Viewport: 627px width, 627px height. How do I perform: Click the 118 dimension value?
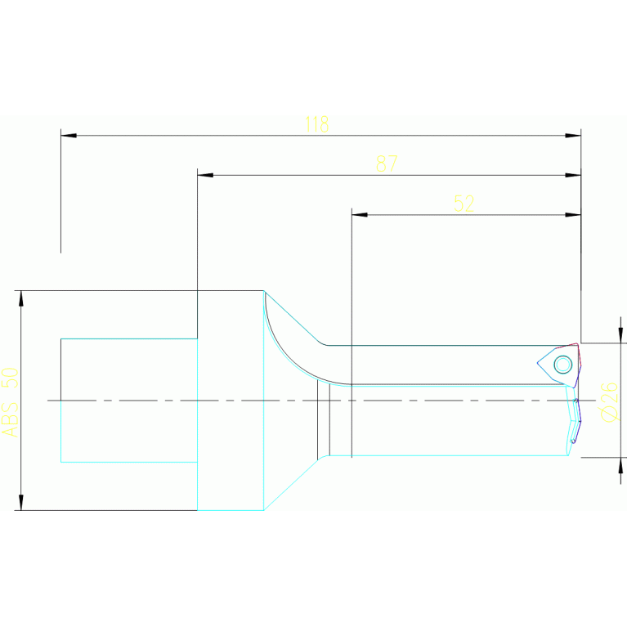coord(316,124)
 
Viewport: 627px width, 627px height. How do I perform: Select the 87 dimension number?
coord(387,163)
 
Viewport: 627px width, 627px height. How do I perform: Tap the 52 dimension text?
coord(464,204)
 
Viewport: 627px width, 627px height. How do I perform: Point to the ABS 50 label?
coord(10,401)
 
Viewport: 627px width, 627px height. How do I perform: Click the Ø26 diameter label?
coord(609,401)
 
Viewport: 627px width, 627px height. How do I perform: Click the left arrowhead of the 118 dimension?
coord(69,135)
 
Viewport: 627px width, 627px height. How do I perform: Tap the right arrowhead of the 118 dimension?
coord(572,135)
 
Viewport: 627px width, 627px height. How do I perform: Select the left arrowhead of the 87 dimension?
coord(205,175)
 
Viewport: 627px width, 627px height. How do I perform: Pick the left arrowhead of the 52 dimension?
coord(360,215)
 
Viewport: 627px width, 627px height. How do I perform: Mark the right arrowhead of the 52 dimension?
coord(572,215)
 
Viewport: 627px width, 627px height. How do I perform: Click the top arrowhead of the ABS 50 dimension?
coord(21,299)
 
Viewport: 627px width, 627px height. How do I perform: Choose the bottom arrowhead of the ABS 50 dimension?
coord(21,501)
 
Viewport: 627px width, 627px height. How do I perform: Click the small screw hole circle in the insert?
coord(562,364)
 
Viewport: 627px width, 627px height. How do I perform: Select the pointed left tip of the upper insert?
coord(538,364)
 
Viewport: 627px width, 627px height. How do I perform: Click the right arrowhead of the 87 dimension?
coord(572,175)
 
